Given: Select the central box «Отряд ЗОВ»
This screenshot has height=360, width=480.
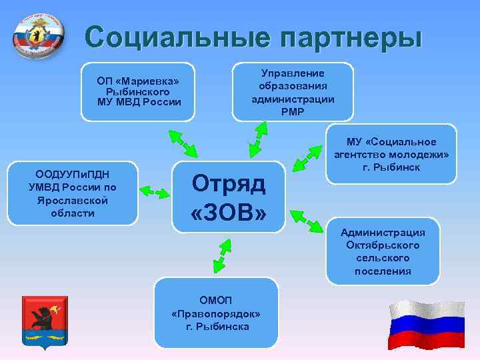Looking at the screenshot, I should pos(229,197).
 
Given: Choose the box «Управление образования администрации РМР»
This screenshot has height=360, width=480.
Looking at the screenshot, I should pos(293,92).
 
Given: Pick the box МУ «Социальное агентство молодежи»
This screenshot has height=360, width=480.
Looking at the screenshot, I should pos(391,154).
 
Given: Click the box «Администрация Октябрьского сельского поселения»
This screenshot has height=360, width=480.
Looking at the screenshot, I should pos(383,251).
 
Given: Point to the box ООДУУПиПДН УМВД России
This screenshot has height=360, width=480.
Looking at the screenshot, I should pos(72,194).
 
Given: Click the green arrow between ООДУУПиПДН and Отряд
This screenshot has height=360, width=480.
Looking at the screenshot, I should pos(155,193).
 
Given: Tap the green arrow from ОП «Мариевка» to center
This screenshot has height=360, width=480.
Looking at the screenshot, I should pos(181,142).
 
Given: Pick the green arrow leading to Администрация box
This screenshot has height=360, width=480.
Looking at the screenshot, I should pos(307,223).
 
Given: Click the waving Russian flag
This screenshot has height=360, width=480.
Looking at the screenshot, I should pos(427,325).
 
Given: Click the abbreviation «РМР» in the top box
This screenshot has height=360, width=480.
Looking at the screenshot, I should pos(293,111).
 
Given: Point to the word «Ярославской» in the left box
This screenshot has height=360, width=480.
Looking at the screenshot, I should pos(72,200).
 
